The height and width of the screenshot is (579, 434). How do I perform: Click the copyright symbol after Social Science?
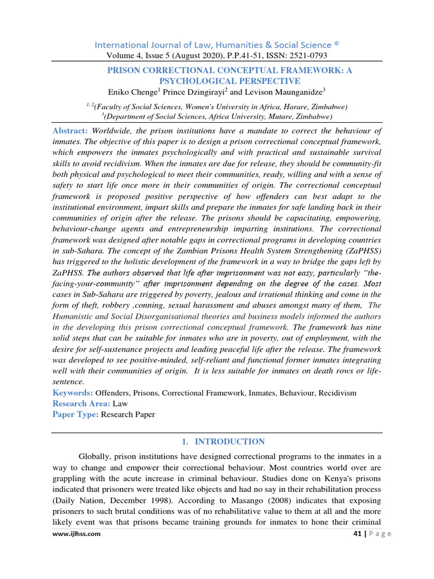pos(336,43)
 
